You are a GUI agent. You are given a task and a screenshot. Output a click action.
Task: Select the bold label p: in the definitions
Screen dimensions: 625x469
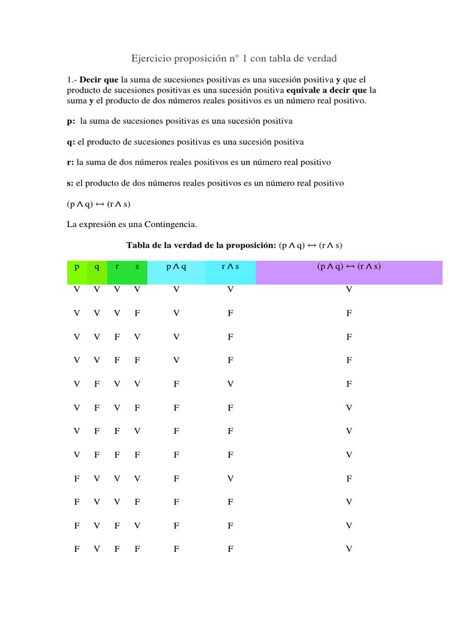(x=71, y=121)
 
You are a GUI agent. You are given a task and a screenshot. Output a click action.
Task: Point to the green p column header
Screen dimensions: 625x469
(x=77, y=267)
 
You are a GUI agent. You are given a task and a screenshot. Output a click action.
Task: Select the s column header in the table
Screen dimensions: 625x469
(x=137, y=267)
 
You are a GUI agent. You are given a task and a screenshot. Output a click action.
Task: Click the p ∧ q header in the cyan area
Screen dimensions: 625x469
(x=176, y=267)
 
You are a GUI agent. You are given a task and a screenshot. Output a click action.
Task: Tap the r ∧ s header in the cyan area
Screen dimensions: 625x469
(x=230, y=267)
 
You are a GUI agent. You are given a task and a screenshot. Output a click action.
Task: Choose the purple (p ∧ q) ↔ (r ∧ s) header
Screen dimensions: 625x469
(x=349, y=267)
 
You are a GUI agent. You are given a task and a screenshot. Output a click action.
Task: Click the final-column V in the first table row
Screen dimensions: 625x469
(x=349, y=289)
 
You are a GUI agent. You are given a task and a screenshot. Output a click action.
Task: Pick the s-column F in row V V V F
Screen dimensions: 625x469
(x=137, y=313)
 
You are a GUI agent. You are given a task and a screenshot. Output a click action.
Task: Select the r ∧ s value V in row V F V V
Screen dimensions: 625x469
(x=230, y=384)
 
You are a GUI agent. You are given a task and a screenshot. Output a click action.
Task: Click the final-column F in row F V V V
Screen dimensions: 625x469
(x=349, y=479)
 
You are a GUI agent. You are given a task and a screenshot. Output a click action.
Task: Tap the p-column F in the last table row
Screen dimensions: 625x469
(x=77, y=549)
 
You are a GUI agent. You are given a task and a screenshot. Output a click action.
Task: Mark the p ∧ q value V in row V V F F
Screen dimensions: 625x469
(x=176, y=360)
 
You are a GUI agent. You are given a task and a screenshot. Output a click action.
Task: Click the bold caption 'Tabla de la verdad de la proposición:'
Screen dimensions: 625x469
(x=201, y=245)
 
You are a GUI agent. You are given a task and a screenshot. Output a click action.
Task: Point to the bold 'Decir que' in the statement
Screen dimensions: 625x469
(x=100, y=80)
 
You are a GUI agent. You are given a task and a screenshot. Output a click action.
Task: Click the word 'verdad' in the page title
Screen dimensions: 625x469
(x=321, y=58)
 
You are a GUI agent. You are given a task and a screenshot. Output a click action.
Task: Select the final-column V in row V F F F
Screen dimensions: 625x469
(x=349, y=455)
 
